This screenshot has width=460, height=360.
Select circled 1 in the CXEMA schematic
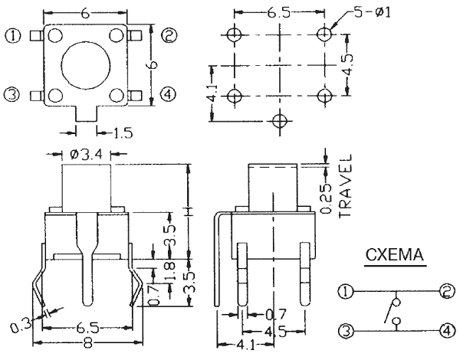(x=345, y=290)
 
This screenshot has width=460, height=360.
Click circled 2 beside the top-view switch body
(x=169, y=34)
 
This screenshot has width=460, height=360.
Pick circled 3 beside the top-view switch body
(x=11, y=94)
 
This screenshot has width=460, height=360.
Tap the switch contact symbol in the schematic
(x=394, y=311)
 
